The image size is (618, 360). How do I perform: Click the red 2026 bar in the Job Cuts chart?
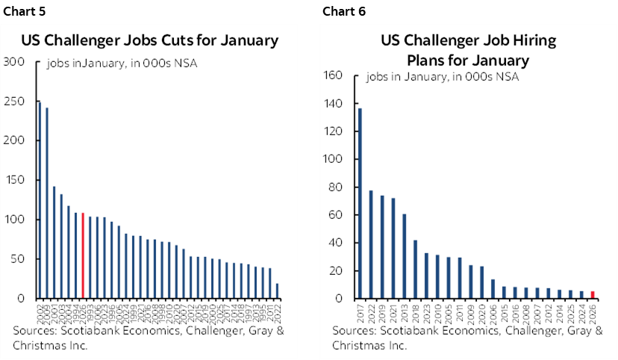(x=83, y=255)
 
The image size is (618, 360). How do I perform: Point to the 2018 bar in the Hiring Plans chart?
(x=415, y=269)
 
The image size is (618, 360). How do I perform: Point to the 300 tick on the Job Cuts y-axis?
(x=15, y=62)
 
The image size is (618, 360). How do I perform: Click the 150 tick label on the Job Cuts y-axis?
(x=15, y=180)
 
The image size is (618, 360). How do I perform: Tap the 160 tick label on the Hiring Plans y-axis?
(x=332, y=75)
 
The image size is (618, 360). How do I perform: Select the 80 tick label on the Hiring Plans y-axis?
(x=335, y=187)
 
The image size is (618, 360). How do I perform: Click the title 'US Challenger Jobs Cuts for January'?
(x=149, y=40)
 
